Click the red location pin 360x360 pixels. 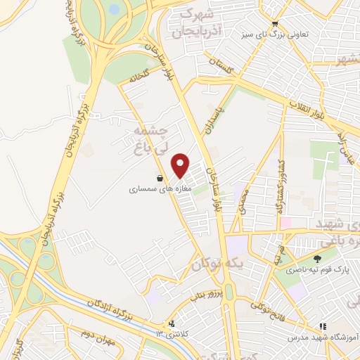[181, 165]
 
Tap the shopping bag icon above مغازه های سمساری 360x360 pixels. [162, 179]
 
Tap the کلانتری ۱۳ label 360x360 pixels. [172, 335]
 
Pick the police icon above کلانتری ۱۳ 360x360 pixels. [172, 324]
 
